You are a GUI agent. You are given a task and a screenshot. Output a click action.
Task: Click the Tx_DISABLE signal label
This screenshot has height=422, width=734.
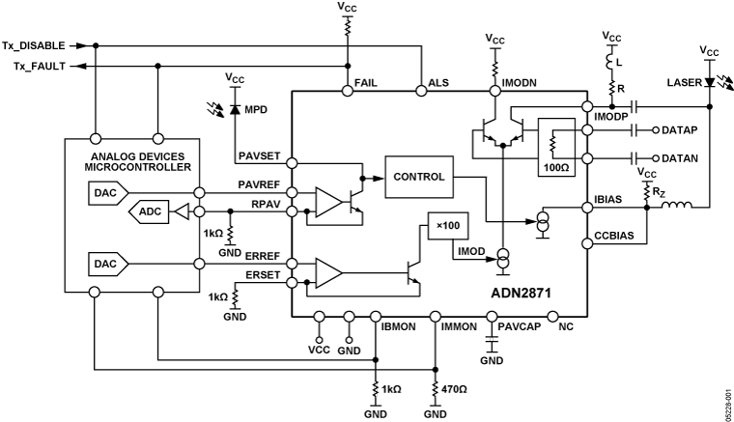point(35,45)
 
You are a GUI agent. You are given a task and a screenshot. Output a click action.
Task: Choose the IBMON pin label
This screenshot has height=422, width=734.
point(399,328)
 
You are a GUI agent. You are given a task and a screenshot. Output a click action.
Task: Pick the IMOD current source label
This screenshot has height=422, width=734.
point(470,251)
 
